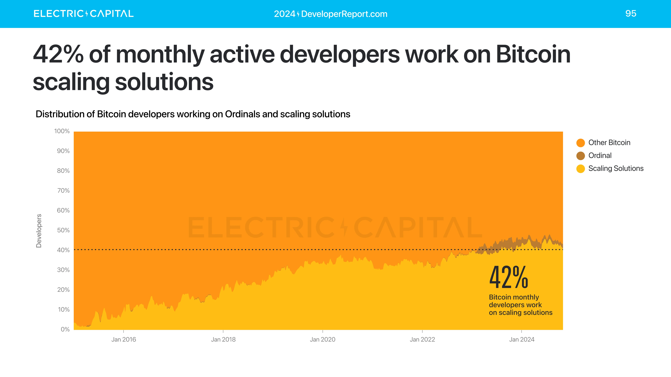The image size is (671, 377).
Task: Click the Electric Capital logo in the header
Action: pyautogui.click(x=83, y=14)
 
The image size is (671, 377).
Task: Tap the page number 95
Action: pyautogui.click(x=631, y=14)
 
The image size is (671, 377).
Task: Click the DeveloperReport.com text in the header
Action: pyautogui.click(x=344, y=14)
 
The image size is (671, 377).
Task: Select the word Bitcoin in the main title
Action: pyautogui.click(x=533, y=54)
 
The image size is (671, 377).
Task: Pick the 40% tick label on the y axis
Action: pyautogui.click(x=63, y=250)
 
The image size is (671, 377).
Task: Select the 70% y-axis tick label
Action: pyautogui.click(x=63, y=191)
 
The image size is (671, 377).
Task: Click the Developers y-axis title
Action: pyautogui.click(x=39, y=231)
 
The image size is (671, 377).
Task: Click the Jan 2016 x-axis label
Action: pyautogui.click(x=124, y=339)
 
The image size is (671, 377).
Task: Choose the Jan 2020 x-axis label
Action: pyautogui.click(x=322, y=339)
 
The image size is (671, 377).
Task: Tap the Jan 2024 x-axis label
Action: pyautogui.click(x=521, y=339)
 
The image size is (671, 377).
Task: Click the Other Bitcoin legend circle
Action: pyautogui.click(x=580, y=143)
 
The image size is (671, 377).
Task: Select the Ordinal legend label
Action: pyautogui.click(x=600, y=156)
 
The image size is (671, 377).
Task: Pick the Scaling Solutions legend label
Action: pyautogui.click(x=616, y=169)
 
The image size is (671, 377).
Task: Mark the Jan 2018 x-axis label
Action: pyautogui.click(x=223, y=339)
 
